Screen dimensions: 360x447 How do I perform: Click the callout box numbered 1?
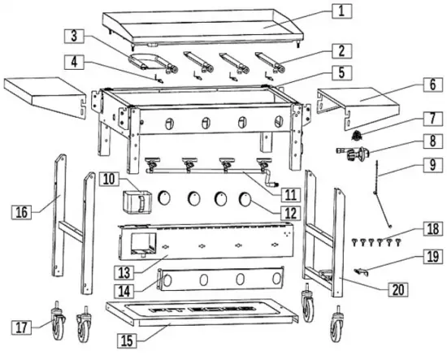tap(342, 11)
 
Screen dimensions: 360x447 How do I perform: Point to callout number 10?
tap(108, 176)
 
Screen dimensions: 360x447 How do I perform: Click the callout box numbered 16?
tap(23, 213)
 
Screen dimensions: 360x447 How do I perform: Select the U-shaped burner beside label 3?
tap(145, 61)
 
